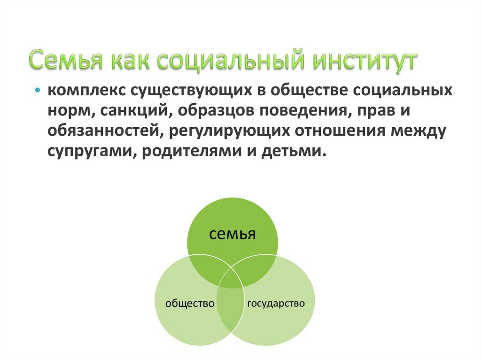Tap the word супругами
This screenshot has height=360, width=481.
88,152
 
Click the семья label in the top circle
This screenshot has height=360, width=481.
233,234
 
